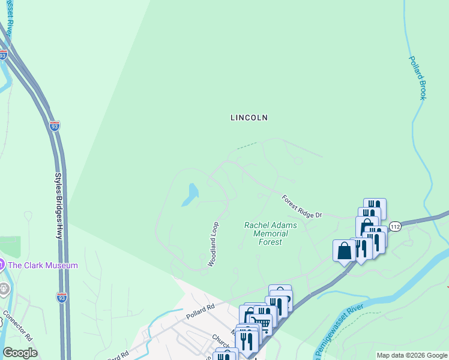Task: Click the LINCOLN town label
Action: (x=249, y=118)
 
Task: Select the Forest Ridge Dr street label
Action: (x=302, y=206)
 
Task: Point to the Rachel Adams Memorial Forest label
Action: (x=262, y=233)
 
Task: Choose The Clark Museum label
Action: (x=43, y=265)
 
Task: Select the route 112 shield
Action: (x=394, y=226)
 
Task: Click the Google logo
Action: (x=20, y=353)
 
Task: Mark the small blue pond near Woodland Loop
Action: (x=191, y=194)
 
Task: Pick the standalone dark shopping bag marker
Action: (x=344, y=251)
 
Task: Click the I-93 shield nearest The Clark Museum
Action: (x=61, y=296)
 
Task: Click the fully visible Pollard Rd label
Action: (x=200, y=310)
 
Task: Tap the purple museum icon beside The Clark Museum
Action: (x=2, y=264)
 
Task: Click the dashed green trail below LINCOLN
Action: (x=247, y=145)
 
